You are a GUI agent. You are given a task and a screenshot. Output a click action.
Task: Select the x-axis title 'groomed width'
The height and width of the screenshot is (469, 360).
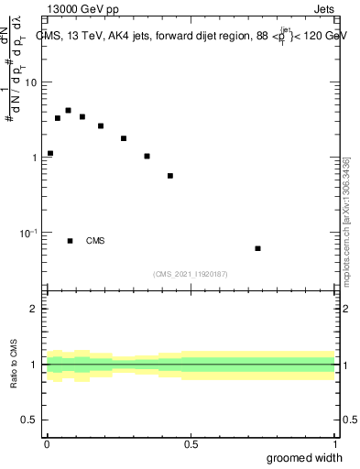pyautogui.click(x=306, y=457)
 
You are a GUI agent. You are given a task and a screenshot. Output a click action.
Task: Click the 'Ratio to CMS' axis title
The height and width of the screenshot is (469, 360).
pyautogui.click(x=16, y=365)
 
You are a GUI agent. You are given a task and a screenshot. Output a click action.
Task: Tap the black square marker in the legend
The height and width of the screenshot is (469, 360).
pyautogui.click(x=70, y=241)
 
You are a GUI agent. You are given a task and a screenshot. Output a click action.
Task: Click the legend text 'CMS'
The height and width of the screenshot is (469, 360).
pyautogui.click(x=95, y=241)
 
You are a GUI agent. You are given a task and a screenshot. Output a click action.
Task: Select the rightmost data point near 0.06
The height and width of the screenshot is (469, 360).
pyautogui.click(x=258, y=248)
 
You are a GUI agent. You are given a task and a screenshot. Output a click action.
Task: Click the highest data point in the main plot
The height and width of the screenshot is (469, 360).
pyautogui.click(x=69, y=110)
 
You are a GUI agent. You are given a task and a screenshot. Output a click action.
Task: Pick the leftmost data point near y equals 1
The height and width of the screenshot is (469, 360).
pyautogui.click(x=50, y=153)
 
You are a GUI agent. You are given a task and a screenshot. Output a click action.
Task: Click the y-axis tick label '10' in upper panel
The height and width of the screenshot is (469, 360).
pyautogui.click(x=31, y=82)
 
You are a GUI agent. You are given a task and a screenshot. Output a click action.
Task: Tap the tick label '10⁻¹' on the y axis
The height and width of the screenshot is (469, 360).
pyautogui.click(x=29, y=233)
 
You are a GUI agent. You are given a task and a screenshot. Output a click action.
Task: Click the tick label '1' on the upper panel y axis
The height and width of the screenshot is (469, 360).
pyautogui.click(x=35, y=158)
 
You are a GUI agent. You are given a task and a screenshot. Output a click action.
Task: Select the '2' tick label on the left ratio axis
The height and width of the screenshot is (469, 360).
pyautogui.click(x=35, y=309)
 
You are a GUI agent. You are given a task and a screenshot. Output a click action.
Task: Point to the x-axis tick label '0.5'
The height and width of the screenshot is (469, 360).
pyautogui.click(x=191, y=443)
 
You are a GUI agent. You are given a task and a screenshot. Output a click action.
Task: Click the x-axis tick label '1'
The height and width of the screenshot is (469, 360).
pyautogui.click(x=335, y=443)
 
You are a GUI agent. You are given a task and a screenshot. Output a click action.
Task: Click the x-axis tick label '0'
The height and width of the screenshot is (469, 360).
pyautogui.click(x=46, y=443)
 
